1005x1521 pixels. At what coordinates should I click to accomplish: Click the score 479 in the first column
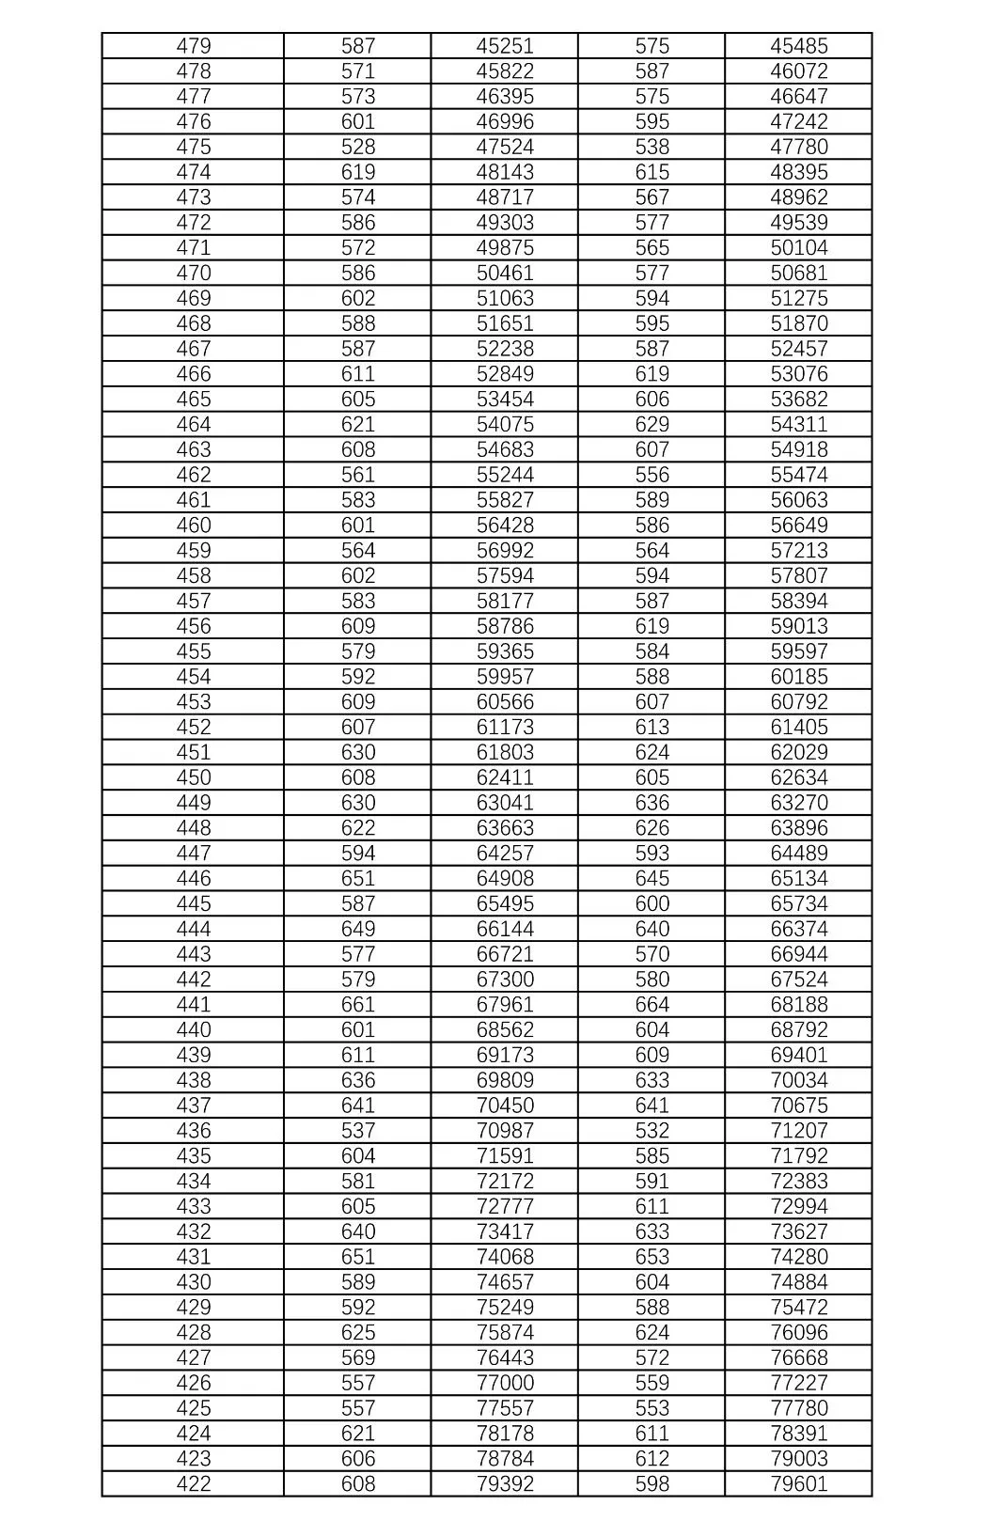tap(194, 46)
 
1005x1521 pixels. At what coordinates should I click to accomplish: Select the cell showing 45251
tap(505, 46)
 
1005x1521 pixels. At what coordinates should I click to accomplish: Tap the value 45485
tap(799, 46)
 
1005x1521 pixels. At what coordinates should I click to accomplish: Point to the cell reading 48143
tap(505, 172)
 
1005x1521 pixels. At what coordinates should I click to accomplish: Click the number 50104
tap(799, 248)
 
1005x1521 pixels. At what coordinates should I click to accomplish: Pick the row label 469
tap(194, 298)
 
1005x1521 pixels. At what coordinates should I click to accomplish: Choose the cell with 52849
tap(505, 374)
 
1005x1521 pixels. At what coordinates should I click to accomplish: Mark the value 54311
tap(799, 425)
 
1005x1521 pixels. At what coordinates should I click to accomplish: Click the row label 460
tap(194, 525)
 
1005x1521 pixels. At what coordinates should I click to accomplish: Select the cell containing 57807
tap(799, 576)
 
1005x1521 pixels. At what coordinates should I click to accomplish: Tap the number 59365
tap(505, 651)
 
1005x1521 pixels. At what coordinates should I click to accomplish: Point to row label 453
tap(194, 702)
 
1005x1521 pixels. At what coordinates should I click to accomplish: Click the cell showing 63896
tap(799, 828)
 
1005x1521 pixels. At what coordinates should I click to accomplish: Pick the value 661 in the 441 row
tap(358, 1005)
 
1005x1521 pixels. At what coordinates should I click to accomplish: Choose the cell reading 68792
tap(799, 1030)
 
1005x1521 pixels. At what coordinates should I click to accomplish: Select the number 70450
tap(505, 1105)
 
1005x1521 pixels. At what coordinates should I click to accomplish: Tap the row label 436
tap(194, 1131)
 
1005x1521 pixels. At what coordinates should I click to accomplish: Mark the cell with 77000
tap(505, 1383)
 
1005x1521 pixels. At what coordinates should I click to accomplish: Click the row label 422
tap(194, 1484)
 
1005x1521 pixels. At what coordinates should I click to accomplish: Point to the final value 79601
tap(799, 1484)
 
